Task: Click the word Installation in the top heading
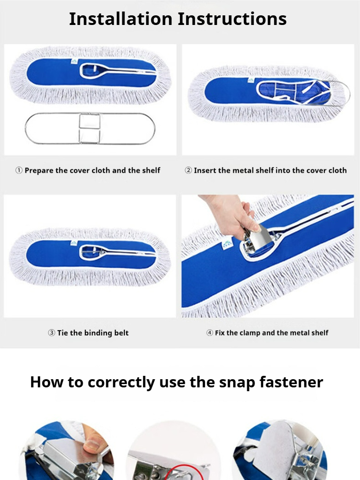(120, 19)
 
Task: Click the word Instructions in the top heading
(232, 19)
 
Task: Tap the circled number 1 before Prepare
(19, 170)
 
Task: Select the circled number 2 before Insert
(188, 170)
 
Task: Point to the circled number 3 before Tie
(51, 333)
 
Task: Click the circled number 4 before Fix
(210, 333)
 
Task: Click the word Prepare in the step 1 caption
(39, 170)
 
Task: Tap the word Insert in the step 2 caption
(205, 170)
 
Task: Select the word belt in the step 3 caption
(121, 333)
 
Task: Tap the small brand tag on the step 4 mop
(227, 244)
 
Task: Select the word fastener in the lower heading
(291, 382)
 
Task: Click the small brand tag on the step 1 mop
(74, 61)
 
